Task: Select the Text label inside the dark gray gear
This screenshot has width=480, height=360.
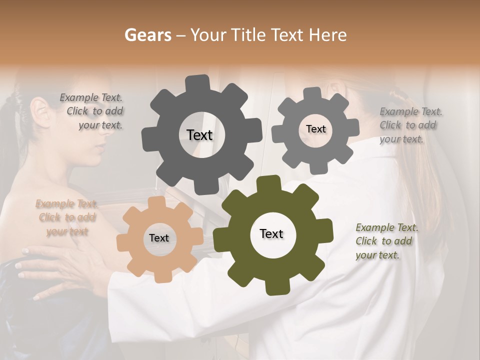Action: (199, 135)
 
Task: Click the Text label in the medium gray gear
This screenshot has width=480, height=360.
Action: (315, 129)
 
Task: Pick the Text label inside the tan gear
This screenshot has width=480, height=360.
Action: (159, 238)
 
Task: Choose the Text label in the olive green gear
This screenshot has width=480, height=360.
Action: (271, 234)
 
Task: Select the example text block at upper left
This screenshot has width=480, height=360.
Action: (93, 111)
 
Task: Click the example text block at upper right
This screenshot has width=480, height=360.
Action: (410, 125)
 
